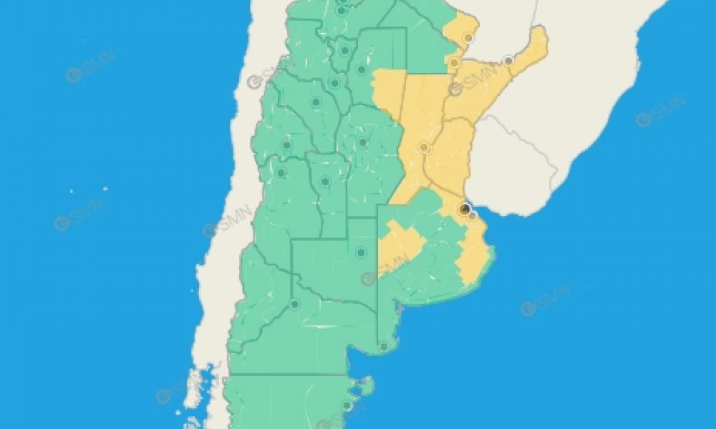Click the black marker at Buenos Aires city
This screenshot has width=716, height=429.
(464, 208)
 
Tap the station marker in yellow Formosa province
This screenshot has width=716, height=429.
(469, 38)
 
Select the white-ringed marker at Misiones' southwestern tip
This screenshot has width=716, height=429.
(508, 61)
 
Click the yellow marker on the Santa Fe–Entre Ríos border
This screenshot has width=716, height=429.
(424, 148)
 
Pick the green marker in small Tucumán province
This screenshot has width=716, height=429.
(344, 51)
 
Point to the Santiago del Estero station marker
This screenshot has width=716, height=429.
(362, 69)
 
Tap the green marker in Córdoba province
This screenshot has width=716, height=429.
(363, 142)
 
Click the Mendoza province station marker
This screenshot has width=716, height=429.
(281, 173)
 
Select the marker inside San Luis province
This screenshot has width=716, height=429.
(325, 182)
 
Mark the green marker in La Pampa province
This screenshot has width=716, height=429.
(361, 252)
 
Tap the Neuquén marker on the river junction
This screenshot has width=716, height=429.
(294, 305)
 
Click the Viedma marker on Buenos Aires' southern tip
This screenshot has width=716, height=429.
(384, 347)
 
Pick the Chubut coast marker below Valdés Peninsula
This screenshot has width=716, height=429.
(347, 406)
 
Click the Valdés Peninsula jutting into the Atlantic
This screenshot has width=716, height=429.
(367, 387)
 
